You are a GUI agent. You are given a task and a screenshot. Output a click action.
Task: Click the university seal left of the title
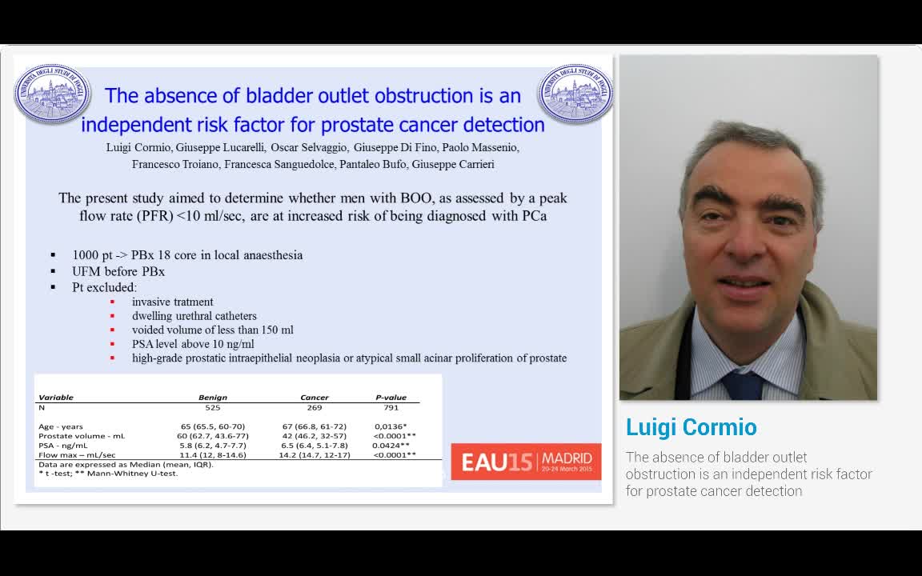(53, 94)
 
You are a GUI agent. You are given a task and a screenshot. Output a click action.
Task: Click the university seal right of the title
(575, 94)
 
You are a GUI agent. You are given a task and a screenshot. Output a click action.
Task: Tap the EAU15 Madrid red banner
(526, 462)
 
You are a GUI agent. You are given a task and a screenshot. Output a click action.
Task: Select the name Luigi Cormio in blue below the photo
(691, 427)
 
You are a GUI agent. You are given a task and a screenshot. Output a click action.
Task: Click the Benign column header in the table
(213, 398)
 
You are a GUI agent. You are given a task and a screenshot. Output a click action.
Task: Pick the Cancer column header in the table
(314, 398)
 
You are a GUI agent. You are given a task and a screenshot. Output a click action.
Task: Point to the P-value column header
(391, 398)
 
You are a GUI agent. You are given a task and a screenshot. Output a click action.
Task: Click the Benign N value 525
(213, 408)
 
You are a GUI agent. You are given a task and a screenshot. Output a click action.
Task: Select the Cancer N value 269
(314, 408)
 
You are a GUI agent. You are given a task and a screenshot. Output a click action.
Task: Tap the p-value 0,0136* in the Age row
(391, 426)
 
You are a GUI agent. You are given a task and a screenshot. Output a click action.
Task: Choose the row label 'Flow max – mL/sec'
(77, 455)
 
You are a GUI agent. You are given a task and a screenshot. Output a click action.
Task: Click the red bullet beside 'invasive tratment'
(112, 302)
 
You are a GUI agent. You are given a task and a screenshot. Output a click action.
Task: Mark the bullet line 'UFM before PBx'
(118, 271)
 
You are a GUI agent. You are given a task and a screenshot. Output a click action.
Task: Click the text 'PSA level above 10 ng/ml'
(193, 344)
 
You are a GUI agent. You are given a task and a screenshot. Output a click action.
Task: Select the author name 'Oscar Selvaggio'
(308, 147)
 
